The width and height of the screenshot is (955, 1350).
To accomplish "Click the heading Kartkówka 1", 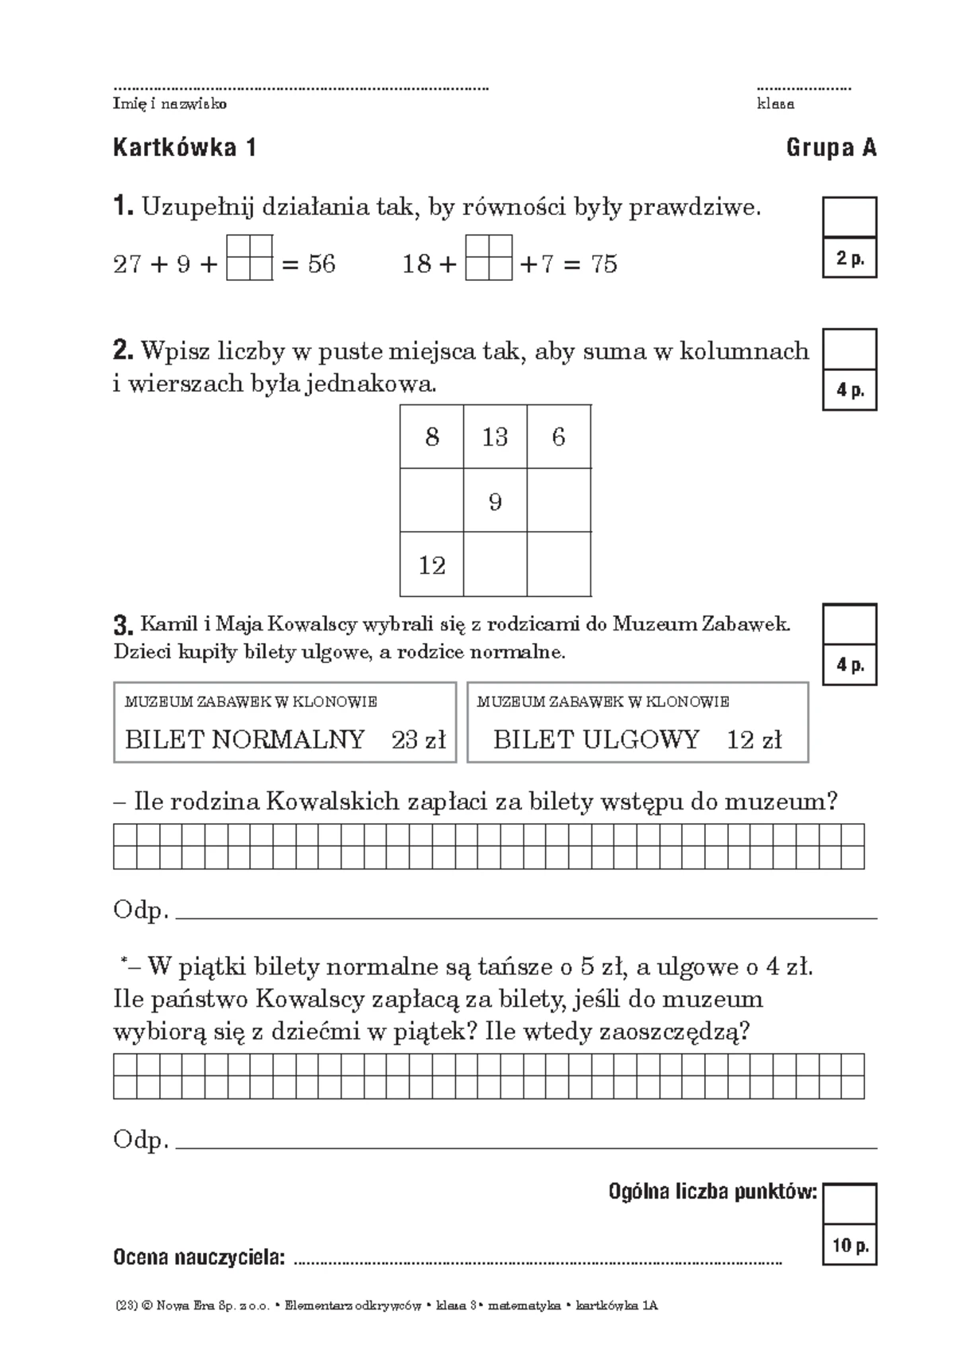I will [x=185, y=148].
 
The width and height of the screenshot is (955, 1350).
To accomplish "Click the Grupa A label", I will [x=831, y=148].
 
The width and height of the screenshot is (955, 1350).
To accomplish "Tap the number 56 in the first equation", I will [x=322, y=263].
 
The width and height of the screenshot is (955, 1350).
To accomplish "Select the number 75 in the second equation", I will [x=604, y=263].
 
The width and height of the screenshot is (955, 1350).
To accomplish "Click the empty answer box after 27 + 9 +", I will [x=250, y=257].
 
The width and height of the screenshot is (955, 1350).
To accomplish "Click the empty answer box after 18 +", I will [x=489, y=257].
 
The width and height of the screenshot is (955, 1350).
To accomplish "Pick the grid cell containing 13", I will [x=495, y=437].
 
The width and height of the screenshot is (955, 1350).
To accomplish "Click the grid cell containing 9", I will [x=495, y=501].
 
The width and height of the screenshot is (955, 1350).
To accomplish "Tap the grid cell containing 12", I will [x=431, y=565].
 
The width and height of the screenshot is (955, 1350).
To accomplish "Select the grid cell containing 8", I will [x=431, y=437].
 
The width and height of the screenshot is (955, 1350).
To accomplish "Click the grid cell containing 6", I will [x=559, y=437].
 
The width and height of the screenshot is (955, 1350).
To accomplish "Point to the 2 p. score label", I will [x=850, y=259].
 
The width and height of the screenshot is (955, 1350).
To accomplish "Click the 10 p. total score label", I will [x=850, y=1246].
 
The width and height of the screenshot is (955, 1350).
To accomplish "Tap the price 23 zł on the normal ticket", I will [x=419, y=739].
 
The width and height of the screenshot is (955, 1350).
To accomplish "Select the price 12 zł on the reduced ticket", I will [x=754, y=739].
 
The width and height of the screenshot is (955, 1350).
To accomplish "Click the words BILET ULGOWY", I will [x=596, y=739].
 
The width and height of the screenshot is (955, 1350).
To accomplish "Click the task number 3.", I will [x=122, y=624].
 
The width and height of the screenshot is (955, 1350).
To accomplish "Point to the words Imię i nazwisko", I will [x=170, y=104].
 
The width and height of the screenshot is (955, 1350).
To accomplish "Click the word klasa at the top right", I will [x=775, y=104].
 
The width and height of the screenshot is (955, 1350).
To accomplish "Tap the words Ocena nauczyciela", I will [x=199, y=1258].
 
